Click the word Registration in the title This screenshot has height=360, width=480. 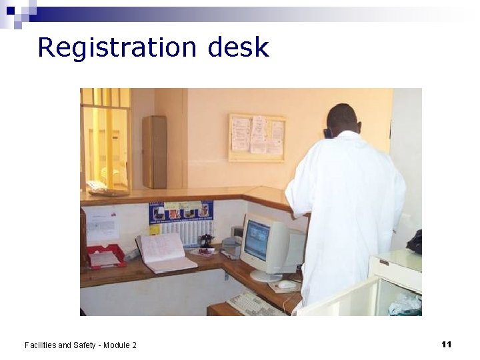pos(117,47)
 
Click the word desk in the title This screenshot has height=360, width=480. pos(238,47)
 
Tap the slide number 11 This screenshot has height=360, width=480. pos(446,344)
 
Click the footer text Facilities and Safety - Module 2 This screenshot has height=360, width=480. pos(80,345)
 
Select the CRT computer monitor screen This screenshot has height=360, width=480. pos(257,240)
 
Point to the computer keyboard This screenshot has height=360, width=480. pos(255,305)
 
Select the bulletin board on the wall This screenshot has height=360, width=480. pos(257,137)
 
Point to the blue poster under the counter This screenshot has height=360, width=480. pos(181,212)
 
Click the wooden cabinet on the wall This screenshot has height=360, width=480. pos(154,151)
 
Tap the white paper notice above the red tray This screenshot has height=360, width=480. pos(102,226)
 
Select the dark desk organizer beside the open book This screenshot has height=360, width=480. pos(207,241)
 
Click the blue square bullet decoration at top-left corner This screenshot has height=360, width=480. pos(11,11)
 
